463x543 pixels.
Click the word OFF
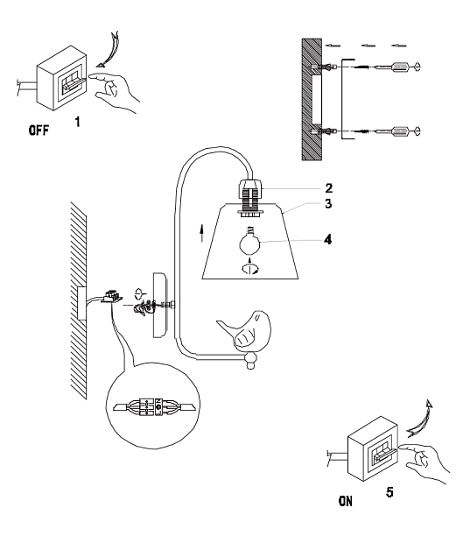coord(39,130)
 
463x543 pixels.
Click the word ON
coord(346,501)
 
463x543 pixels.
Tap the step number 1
coord(78,122)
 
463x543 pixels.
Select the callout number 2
coord(329,188)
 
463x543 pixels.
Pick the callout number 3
coord(328,203)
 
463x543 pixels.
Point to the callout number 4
coord(327,239)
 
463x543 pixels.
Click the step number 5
coord(389,492)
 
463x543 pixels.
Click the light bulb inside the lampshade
coord(249,243)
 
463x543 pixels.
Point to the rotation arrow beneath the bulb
coord(249,269)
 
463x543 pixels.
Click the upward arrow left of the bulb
coord(201,234)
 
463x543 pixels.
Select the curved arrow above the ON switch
coord(420,419)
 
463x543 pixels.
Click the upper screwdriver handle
coord(400,66)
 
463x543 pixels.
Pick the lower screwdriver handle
coord(400,131)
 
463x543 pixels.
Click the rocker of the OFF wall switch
coord(73,83)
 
